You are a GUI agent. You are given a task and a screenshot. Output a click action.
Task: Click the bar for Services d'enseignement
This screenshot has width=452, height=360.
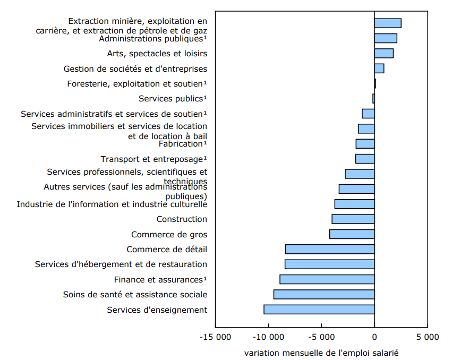[319, 310]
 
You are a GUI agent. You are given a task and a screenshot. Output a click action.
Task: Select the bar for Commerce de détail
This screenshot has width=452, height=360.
[330, 249]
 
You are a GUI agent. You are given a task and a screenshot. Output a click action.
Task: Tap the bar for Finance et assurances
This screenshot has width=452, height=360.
[327, 279]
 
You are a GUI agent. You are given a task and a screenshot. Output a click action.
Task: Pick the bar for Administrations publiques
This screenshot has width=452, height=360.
[386, 38]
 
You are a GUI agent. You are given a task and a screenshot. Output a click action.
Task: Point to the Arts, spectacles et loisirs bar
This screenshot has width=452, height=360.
[383, 53]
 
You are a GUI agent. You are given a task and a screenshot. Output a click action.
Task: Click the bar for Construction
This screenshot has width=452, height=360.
[353, 219]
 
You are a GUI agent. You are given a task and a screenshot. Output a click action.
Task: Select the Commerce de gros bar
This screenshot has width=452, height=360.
[352, 234]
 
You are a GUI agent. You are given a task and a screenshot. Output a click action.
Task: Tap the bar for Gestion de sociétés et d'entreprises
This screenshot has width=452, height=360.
[379, 68]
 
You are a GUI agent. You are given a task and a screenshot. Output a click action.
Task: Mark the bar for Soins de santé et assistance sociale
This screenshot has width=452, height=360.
[324, 294]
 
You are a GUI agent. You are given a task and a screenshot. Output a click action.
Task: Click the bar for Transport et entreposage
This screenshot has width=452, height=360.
[365, 159]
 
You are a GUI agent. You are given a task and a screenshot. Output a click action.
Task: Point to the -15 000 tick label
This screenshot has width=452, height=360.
[215, 337]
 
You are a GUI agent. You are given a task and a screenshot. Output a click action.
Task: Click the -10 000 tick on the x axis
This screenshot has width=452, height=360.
[268, 337]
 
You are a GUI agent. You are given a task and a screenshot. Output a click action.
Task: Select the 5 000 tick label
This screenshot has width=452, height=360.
[428, 337]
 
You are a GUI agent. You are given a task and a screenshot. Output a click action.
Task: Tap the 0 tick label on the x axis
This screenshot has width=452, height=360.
[374, 337]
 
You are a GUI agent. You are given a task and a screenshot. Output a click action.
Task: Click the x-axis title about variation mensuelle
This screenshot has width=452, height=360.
[321, 352]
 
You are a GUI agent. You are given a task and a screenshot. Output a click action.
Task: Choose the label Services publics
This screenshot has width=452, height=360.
[172, 98]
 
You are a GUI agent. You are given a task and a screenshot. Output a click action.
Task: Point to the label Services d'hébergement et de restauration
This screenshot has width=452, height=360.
[121, 264]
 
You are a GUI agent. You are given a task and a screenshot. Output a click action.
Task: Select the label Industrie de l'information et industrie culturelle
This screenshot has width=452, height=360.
[112, 204]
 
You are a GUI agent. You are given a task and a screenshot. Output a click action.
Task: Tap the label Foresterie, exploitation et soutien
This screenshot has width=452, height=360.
[137, 84]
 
